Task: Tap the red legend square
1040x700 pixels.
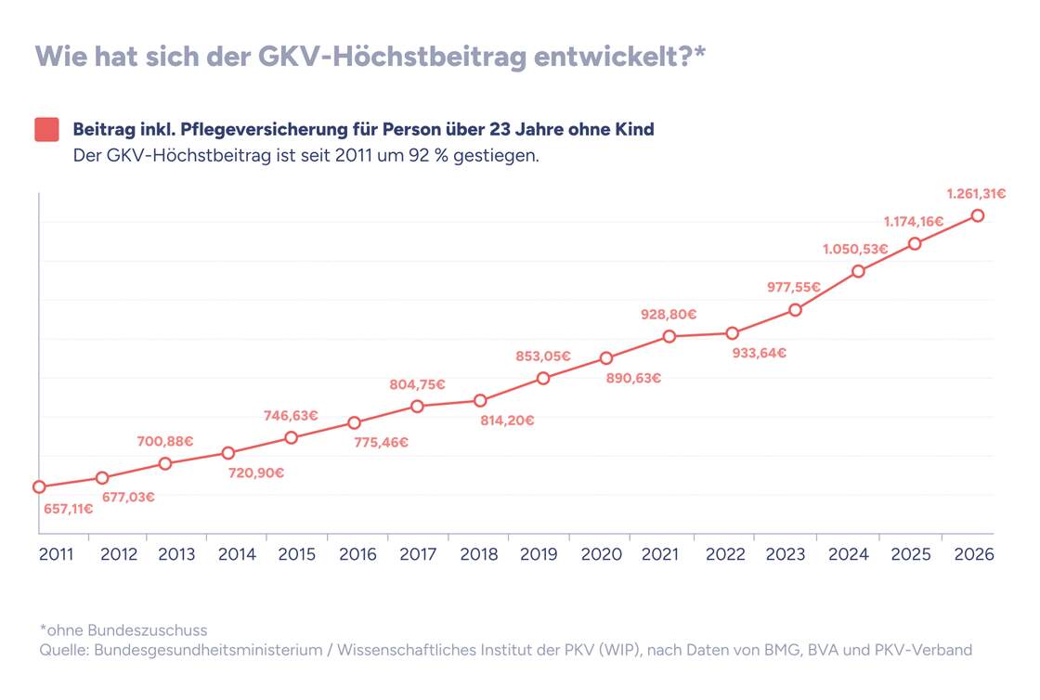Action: tap(46, 130)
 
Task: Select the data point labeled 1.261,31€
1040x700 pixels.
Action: tap(977, 215)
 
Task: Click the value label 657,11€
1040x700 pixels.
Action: tap(68, 509)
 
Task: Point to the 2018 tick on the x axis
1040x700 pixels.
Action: tap(479, 554)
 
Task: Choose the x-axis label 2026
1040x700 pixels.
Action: tap(973, 554)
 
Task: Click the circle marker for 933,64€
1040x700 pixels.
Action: tap(732, 333)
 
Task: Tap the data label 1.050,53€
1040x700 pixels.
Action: tap(854, 249)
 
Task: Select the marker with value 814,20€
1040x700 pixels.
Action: tap(480, 401)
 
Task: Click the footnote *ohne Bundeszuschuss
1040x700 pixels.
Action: tap(123, 630)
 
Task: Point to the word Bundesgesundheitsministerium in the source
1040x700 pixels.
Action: tap(210, 650)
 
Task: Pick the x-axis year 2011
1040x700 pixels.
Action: tap(58, 554)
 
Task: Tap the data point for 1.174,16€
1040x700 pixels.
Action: tap(915, 243)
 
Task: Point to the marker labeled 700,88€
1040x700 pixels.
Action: tap(165, 463)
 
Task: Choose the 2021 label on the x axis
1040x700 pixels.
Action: tap(660, 554)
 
